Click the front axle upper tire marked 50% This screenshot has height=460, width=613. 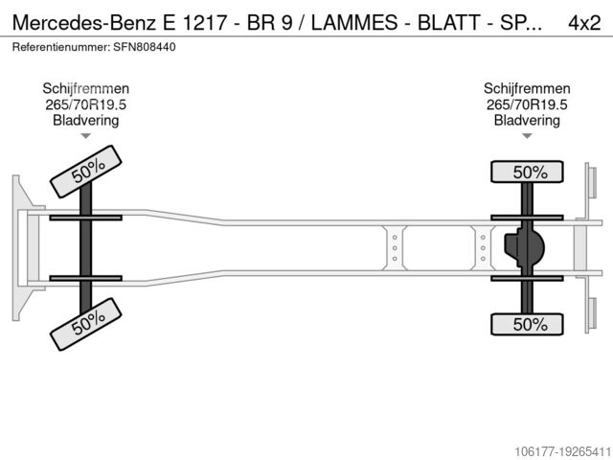[86, 171]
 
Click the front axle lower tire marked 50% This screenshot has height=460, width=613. [86, 327]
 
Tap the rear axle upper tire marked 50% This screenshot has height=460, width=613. [526, 172]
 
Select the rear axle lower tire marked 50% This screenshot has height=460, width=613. [526, 325]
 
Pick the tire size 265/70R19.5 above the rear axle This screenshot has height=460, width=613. [526, 105]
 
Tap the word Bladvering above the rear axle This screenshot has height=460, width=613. [526, 121]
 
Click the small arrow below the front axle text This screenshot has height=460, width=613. [86, 136]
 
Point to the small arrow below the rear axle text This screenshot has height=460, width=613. [526, 136]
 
